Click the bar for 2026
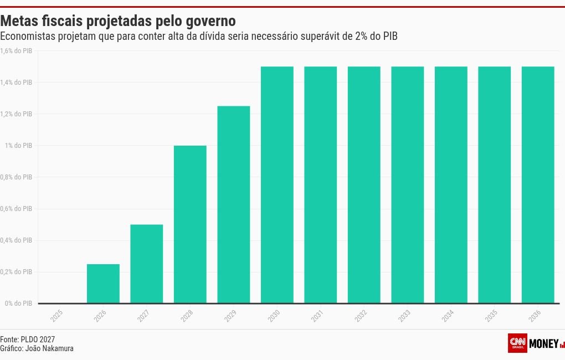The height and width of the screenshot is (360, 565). coord(103,284)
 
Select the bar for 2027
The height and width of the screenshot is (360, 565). coord(147,264)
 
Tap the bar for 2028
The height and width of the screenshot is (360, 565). coord(190,224)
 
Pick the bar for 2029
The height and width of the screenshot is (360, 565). coord(234,204)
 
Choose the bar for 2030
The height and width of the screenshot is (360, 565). coord(277,185)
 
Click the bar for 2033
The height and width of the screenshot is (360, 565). coord(408,185)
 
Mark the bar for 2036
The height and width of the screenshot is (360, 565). coord(538,185)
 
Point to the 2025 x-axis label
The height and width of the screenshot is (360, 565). coord(56,317)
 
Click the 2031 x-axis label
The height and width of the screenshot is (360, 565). coord(317,317)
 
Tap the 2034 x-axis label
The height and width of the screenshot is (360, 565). coord(448,317)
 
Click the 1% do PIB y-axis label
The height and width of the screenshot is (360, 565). coord(18,146)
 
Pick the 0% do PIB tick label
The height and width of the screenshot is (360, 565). coord(18,304)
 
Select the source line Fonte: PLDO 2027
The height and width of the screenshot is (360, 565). coord(28,339)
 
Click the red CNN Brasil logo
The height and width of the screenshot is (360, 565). coord(517,343)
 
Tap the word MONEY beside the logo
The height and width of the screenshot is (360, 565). coord(544,343)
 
